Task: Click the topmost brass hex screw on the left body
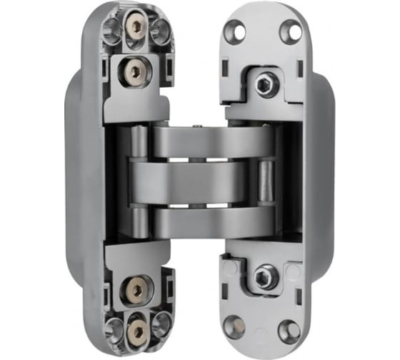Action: pos(135,27)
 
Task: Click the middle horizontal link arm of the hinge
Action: pos(193,179)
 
